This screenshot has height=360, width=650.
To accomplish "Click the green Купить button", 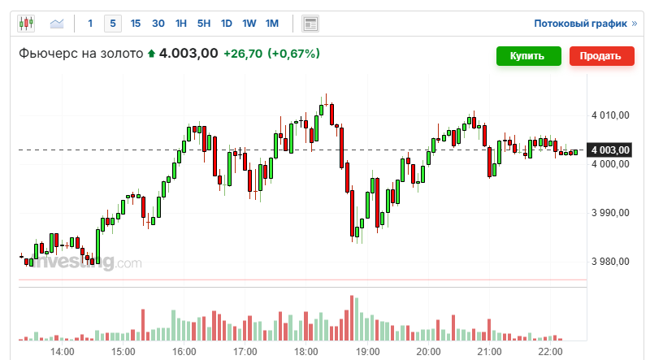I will point(529,56).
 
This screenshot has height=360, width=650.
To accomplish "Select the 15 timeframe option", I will point(135,24).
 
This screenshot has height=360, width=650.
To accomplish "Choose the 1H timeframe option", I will point(181,24).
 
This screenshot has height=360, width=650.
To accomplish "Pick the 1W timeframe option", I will point(249,24).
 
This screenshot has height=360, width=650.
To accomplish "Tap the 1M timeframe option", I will point(272,24).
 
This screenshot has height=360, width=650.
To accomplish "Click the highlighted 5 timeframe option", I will point(113,24).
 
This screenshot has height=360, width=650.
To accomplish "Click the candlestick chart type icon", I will point(26,24).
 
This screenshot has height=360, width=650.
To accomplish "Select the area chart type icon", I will point(58,24).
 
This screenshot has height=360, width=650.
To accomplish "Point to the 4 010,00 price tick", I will point(611,115).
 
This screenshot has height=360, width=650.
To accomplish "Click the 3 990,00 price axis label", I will point(611,213).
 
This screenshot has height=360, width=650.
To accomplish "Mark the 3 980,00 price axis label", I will point(611,262).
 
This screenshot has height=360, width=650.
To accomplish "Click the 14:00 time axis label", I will point(62,351).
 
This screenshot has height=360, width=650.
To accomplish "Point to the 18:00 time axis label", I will point(306,351).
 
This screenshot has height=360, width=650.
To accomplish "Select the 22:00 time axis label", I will point(550,351).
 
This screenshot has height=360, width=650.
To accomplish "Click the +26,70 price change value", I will point(246,54).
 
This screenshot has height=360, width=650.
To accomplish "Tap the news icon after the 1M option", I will point(310,24).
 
